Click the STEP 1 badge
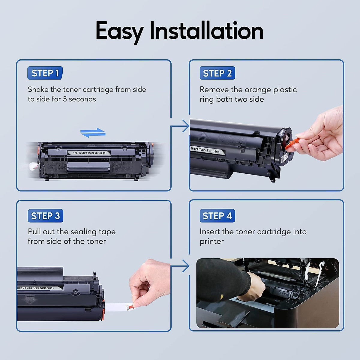pyautogui.click(x=45, y=73)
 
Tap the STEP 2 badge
pyautogui.click(x=217, y=73)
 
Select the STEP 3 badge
pyautogui.click(x=45, y=216)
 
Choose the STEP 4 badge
pyautogui.click(x=217, y=216)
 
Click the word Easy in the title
pyautogui.click(x=119, y=31)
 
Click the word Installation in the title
pyautogui.click(x=206, y=31)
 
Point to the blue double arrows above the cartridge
pyautogui.click(x=93, y=133)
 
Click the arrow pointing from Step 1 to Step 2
pyautogui.click(x=182, y=126)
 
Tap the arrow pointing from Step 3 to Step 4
pyautogui.click(x=182, y=266)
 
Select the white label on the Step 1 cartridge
pyautogui.click(x=89, y=153)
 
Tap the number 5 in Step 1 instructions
pyautogui.click(x=65, y=99)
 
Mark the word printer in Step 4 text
pyautogui.click(x=212, y=241)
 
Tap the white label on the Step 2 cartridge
pyautogui.click(x=207, y=150)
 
